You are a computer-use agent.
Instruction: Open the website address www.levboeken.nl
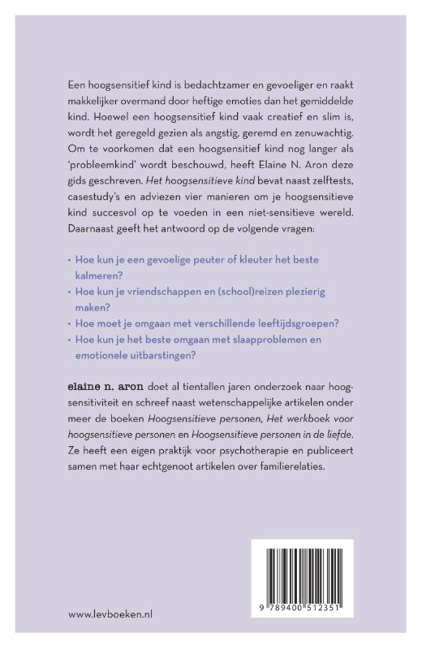pyautogui.click(x=111, y=614)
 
